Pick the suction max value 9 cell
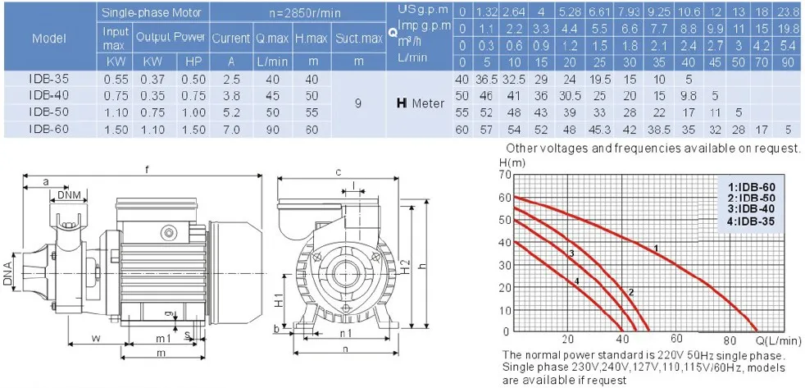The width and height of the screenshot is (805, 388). pos(359,104)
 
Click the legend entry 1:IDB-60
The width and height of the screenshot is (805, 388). pos(744,187)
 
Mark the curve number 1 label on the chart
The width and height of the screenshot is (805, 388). pos(655,246)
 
